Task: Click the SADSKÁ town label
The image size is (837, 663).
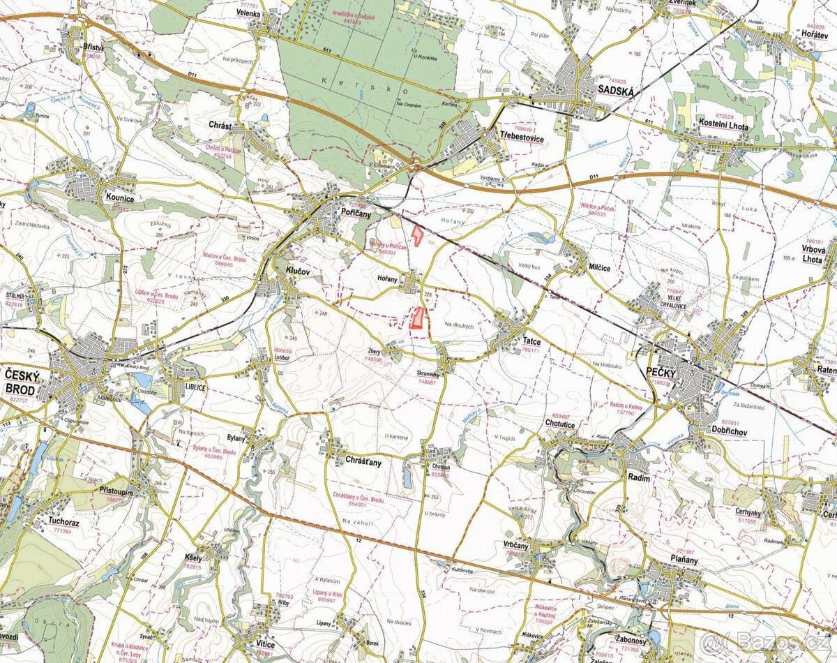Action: coord(615,89)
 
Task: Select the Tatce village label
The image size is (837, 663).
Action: coord(531,341)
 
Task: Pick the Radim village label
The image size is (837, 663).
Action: coord(638,478)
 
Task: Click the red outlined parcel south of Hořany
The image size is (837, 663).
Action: coord(418,318)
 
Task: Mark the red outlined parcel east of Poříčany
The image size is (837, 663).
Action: coord(417,235)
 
